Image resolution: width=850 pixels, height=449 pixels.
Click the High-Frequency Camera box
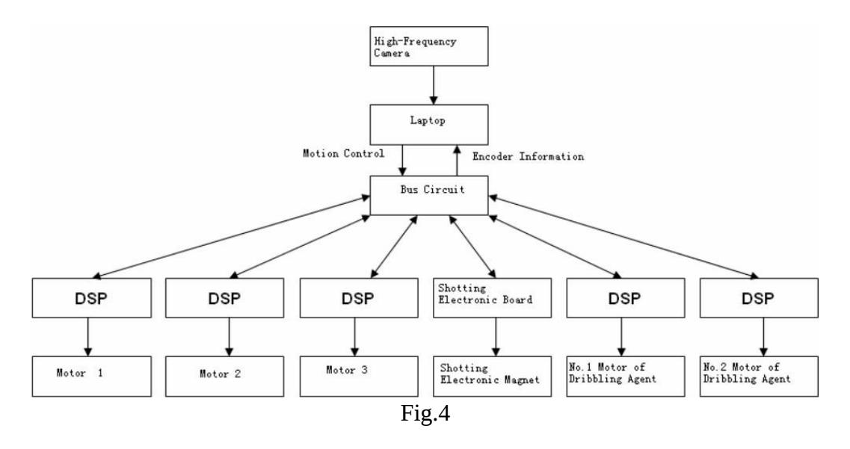pos(429,46)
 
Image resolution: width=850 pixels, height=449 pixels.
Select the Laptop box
pos(429,125)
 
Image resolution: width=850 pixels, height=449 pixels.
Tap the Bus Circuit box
pos(429,195)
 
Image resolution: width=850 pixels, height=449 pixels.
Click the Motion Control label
pos(343,153)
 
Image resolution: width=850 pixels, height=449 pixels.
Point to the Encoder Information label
pos(528,157)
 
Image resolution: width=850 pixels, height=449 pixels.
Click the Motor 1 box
pos(92,377)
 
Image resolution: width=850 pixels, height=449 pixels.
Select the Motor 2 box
pos(224,377)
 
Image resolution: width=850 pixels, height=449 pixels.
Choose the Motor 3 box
pos(359,377)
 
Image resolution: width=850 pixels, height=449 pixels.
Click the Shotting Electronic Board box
pos(492,298)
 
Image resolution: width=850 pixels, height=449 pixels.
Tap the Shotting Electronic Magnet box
pos(492,377)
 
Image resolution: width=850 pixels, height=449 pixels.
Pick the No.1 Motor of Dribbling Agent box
pos(626,377)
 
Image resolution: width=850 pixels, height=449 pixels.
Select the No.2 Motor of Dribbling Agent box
pos(759,377)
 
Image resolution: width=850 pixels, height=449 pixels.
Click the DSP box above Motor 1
pos(92,298)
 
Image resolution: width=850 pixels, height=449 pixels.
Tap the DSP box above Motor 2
pos(224,298)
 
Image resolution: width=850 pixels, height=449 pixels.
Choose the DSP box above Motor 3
pos(359,298)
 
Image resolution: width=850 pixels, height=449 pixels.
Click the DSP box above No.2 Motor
pos(759,298)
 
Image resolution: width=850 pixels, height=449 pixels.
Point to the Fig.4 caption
pos(425,414)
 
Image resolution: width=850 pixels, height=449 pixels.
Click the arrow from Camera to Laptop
pos(433,85)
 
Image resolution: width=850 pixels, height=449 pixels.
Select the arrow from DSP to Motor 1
pos(88,337)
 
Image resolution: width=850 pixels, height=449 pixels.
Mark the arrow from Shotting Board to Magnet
pos(496,337)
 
